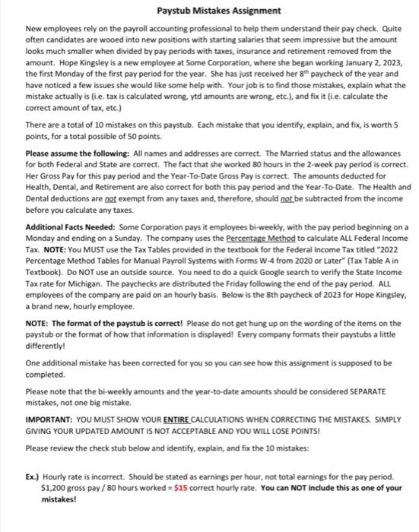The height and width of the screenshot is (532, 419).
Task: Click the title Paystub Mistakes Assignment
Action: click(x=208, y=11)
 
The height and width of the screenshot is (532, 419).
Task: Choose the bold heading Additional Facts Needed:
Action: click(x=70, y=228)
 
